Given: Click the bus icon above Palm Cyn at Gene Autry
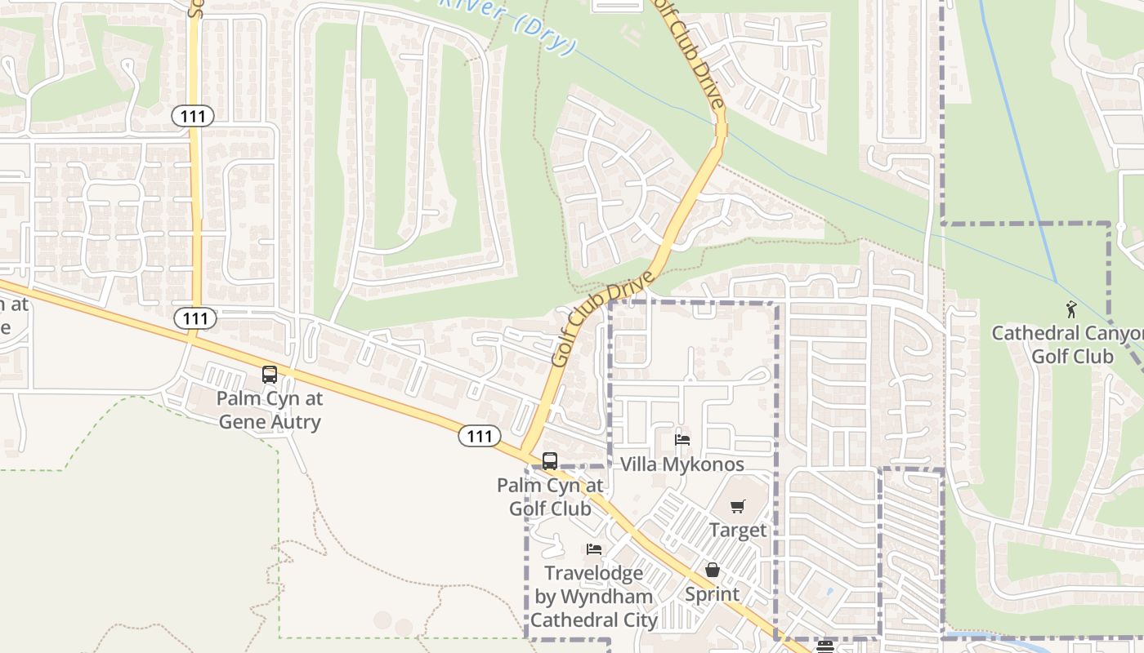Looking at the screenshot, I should click(270, 375).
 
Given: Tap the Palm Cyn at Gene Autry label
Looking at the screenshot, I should click(270, 411).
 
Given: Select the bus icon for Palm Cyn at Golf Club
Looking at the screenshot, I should click(550, 460).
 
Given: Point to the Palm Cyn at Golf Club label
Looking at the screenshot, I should click(550, 496).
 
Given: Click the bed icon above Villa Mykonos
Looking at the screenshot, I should click(682, 440).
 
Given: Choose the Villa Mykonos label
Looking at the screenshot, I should click(682, 464).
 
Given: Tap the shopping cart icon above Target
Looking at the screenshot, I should click(738, 506).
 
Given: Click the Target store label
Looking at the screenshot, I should click(738, 531).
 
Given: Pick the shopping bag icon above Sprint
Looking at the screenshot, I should click(713, 570).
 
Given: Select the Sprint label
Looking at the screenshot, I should click(713, 594).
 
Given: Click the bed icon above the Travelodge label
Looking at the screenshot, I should click(594, 549).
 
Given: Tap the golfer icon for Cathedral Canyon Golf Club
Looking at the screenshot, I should click(1071, 309).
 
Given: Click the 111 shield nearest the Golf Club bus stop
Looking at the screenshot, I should click(479, 437).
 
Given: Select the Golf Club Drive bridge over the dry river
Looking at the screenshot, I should click(721, 130).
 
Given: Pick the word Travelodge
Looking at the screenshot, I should click(594, 573).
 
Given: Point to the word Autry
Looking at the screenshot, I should click(295, 422).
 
